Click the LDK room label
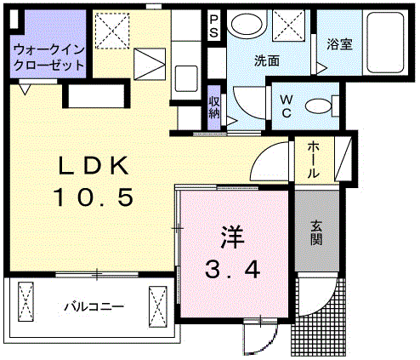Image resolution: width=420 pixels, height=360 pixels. coord(94,166)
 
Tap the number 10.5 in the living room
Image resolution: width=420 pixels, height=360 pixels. coord(94,197)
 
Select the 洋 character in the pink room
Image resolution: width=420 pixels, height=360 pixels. coord(232,237)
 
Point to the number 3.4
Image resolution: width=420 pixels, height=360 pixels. coord(232,270)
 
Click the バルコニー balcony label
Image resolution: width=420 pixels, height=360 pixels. coord(94,306)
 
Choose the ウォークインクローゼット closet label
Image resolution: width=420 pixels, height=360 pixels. coord(49,58)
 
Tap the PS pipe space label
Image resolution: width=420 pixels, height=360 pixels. coord(213,26)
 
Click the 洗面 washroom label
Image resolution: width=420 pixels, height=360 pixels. coord(267,60)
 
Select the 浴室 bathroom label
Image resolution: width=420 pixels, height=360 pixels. coord(339,44)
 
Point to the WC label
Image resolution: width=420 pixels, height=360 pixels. coord(287,106)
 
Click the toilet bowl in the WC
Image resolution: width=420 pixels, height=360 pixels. coord(318,106)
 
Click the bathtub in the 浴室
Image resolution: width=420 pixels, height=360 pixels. coord(385,43)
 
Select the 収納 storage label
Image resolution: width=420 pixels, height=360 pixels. coord(214,107)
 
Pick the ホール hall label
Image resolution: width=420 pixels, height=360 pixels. coord(314,160)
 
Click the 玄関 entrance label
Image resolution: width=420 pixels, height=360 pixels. coord(316,232)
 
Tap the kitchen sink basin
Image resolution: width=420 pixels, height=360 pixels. coord(186,78)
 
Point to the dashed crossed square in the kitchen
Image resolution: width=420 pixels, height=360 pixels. coord(112,31)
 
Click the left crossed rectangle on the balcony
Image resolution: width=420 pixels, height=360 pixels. coord(26,301)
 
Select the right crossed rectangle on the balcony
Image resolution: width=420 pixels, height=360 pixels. coord(157,306)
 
